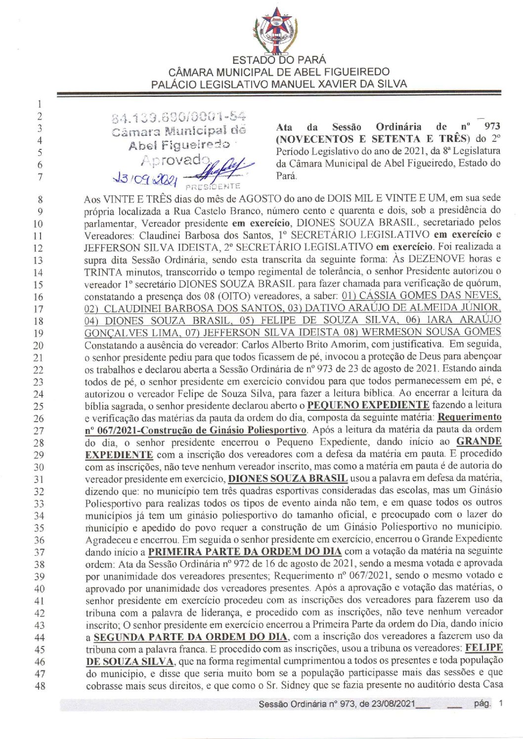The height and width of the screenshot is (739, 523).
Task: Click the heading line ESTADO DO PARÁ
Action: (x=279, y=60)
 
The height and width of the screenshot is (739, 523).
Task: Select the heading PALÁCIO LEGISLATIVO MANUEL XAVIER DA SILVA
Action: (x=279, y=84)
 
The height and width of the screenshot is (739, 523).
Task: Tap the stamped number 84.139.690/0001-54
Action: (x=179, y=118)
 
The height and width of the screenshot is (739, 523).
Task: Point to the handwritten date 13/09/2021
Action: (x=145, y=176)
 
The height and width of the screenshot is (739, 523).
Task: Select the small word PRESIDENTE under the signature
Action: (x=213, y=186)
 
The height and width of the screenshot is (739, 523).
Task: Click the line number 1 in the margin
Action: (x=40, y=104)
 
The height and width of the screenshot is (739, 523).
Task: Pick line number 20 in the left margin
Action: (x=40, y=346)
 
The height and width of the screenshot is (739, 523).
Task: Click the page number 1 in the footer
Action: (x=501, y=703)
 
